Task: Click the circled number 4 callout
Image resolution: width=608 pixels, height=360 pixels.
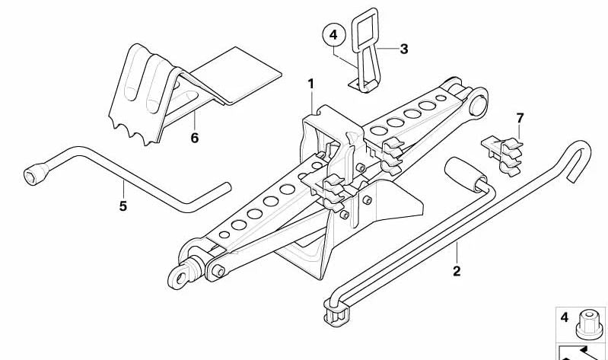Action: tap(333, 35)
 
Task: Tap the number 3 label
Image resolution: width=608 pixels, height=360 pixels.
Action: tap(403, 49)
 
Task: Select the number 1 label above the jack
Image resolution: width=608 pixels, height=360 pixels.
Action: tap(311, 84)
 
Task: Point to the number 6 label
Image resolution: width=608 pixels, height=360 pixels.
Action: tap(195, 138)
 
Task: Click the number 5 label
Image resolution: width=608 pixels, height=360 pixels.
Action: tap(123, 206)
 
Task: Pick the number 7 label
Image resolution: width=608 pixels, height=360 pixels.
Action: tap(520, 118)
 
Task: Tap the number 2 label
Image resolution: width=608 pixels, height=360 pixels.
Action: tap(457, 271)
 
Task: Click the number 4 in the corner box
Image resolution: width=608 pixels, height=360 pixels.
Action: tap(565, 317)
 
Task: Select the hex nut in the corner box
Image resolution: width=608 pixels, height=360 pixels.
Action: tap(590, 324)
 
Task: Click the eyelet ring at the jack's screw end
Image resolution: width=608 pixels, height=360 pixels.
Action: tap(180, 276)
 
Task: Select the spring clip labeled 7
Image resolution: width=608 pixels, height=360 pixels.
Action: tap(502, 155)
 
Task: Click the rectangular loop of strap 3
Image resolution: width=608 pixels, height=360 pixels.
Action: tap(364, 30)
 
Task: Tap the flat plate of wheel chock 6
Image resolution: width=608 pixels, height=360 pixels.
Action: tap(237, 76)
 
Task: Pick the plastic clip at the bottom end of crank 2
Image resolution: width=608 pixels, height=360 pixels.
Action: tap(337, 312)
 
